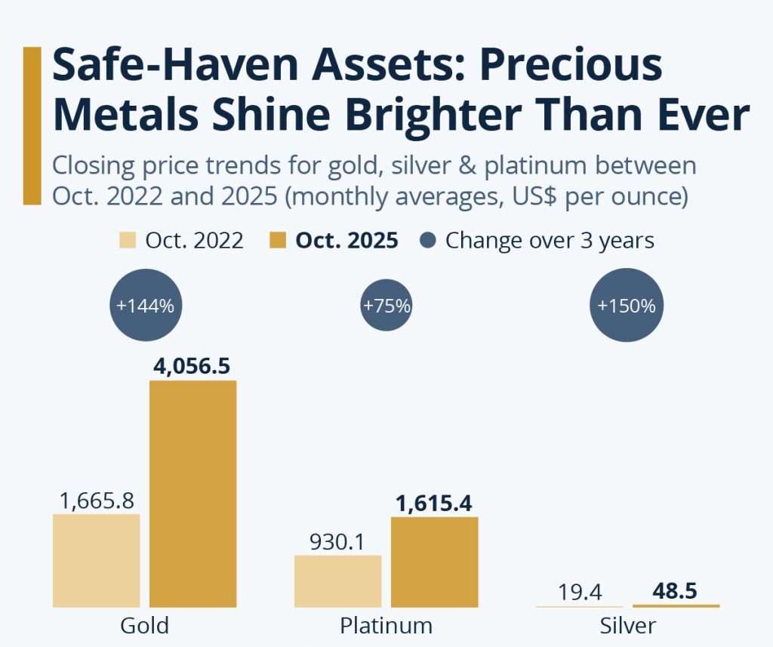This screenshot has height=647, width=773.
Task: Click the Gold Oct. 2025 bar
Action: click(192, 494)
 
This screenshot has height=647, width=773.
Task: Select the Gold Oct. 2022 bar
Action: click(96, 560)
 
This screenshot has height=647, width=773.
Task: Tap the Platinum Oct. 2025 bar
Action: click(434, 562)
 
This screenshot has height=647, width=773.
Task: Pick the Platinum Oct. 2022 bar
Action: click(337, 581)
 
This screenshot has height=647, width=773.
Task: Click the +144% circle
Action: click(146, 307)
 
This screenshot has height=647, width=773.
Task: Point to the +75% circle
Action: click(386, 306)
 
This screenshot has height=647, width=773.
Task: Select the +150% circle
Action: click(626, 307)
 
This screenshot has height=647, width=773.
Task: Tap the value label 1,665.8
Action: click(96, 499)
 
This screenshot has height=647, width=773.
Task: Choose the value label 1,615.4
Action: click(433, 502)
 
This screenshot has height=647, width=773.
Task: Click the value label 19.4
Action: click(580, 592)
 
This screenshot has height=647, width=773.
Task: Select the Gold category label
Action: click(144, 626)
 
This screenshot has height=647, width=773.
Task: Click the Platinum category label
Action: click(386, 626)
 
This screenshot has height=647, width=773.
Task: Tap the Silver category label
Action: click(627, 626)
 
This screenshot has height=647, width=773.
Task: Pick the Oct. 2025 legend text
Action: click(346, 240)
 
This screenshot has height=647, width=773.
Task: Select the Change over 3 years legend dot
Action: click(428, 240)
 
